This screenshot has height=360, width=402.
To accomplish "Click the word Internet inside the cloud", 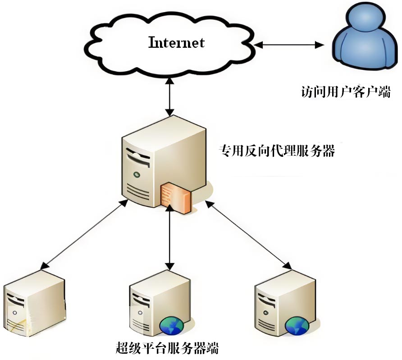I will coord(177,43).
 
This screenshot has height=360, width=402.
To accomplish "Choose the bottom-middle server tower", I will coord(155,306).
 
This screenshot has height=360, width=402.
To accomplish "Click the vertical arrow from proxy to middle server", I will coord(169,237).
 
